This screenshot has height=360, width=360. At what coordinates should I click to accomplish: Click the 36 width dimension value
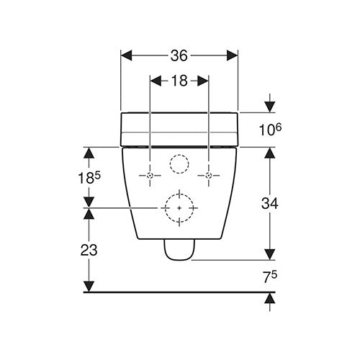coord(179,56)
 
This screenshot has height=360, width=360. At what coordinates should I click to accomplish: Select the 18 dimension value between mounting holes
coord(179,81)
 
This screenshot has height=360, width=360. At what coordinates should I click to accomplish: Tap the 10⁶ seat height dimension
coord(270,129)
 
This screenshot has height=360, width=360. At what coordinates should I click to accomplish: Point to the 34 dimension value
coord(270,204)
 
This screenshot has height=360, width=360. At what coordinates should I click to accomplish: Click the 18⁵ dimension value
coord(89,177)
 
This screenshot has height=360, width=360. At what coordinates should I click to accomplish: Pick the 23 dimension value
coord(89,250)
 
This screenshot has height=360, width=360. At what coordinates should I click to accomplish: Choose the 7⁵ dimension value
coord(270,277)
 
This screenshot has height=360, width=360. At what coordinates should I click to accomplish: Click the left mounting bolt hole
coord(150,176)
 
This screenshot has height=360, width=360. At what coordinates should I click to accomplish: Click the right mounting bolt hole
coord(209,176)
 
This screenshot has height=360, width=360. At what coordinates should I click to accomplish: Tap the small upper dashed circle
coord(179,155)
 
